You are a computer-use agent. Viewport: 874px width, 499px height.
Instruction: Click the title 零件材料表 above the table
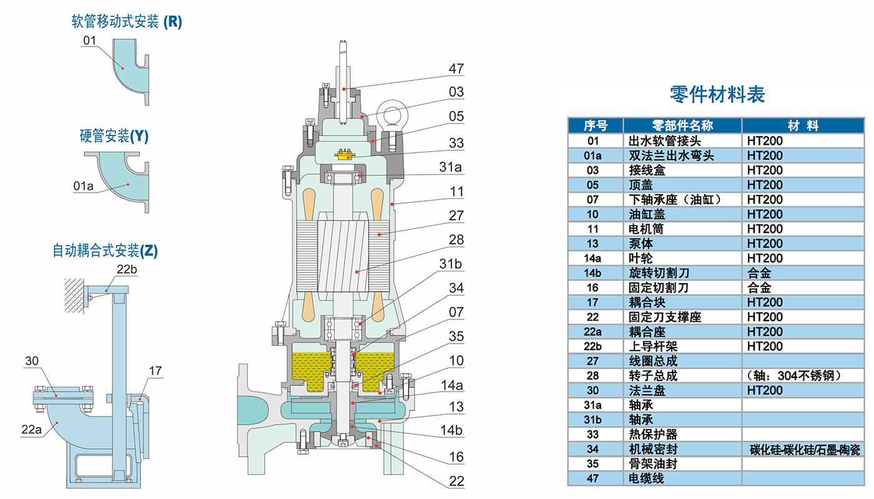click(x=717, y=95)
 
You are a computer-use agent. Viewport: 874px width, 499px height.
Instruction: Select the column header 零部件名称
click(x=682, y=125)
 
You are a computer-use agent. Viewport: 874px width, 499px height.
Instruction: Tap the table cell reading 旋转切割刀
click(x=659, y=273)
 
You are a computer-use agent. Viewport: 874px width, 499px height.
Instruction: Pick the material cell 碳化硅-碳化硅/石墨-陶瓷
click(x=805, y=450)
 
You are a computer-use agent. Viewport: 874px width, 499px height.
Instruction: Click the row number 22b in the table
click(x=592, y=346)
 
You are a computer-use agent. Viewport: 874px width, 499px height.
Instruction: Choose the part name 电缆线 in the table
click(x=646, y=478)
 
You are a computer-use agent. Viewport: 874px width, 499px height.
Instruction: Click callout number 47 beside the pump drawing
click(x=456, y=69)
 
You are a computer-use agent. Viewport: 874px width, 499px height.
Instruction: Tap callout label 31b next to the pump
click(x=450, y=264)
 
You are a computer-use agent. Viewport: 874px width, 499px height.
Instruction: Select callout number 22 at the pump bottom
click(x=456, y=481)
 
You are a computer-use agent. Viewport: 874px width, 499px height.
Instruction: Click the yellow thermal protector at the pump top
click(x=345, y=155)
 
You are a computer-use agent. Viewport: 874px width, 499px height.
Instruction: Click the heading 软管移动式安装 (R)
click(x=127, y=22)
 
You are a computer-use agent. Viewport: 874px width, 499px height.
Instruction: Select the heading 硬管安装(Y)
click(x=114, y=136)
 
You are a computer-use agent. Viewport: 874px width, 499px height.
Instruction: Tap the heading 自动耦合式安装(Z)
click(x=105, y=251)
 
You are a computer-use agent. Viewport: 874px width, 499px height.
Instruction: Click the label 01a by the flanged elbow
click(x=84, y=186)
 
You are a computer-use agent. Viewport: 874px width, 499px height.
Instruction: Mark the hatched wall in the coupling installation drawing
click(x=74, y=296)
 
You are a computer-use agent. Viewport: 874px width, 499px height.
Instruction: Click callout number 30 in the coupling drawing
click(x=32, y=361)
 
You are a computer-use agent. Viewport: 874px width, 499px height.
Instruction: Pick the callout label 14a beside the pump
click(x=452, y=385)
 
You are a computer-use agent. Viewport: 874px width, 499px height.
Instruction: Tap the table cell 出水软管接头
click(x=664, y=141)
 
